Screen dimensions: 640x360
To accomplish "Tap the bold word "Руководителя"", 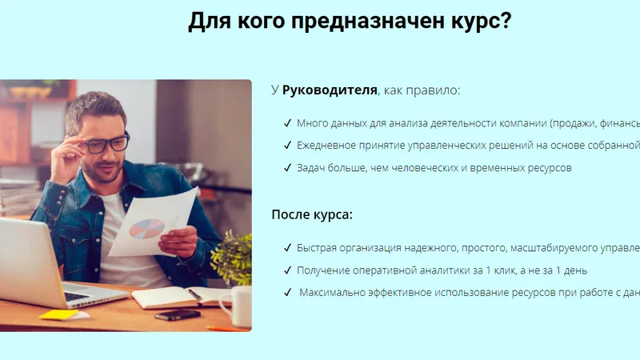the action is pyautogui.click(x=330, y=90).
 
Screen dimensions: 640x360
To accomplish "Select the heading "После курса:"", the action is pyautogui.click(x=312, y=214).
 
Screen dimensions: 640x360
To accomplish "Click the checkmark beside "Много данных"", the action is pyautogui.click(x=287, y=123).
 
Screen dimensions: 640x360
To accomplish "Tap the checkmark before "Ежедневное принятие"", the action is pyautogui.click(x=287, y=146).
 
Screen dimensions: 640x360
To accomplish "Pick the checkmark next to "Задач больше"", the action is pyautogui.click(x=287, y=168).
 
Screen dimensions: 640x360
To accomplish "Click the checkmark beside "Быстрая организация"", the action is pyautogui.click(x=287, y=248).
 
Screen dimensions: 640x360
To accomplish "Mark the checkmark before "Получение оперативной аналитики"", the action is pyautogui.click(x=287, y=270).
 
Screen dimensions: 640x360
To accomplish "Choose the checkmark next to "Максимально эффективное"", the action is pyautogui.click(x=287, y=292).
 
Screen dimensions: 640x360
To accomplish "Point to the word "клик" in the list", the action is pyautogui.click(x=505, y=270).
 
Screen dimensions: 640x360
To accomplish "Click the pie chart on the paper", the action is pyautogui.click(x=146, y=229).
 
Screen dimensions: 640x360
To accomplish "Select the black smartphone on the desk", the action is pyautogui.click(x=178, y=314).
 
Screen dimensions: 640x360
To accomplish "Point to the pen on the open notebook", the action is pyautogui.click(x=194, y=294).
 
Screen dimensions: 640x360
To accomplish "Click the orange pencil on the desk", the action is pyautogui.click(x=222, y=328).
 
